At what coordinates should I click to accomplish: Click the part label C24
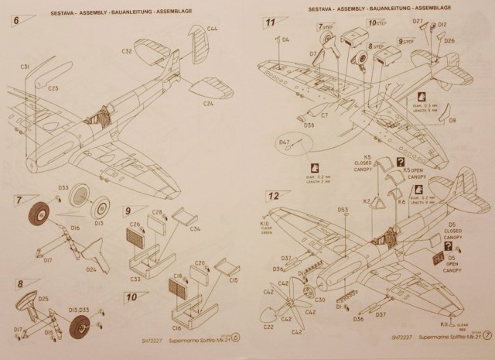point(209,103)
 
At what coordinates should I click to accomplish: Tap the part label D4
point(286,39)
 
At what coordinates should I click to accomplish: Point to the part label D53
point(343,209)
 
